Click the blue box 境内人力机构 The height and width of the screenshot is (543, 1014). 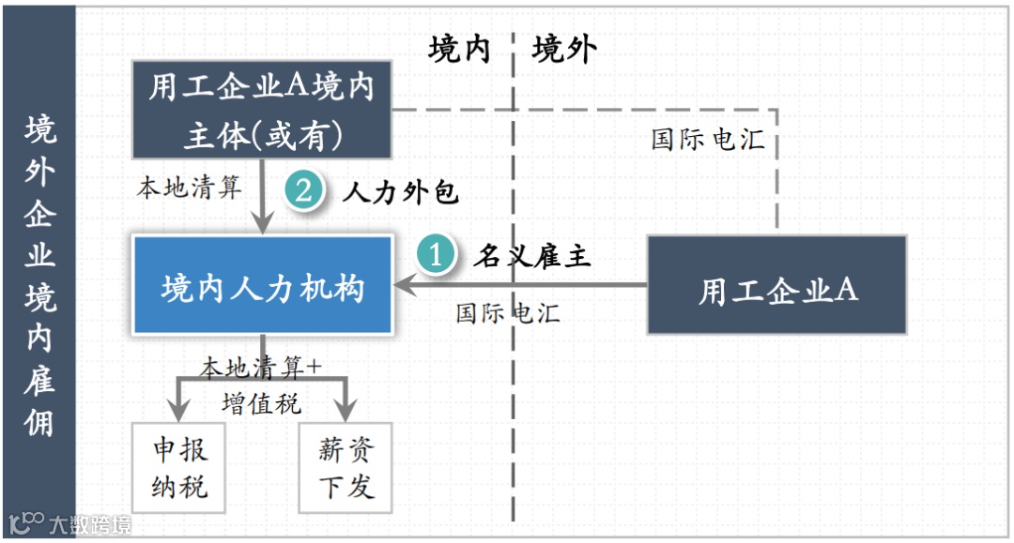coord(262,285)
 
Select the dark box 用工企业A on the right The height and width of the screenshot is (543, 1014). coord(777,286)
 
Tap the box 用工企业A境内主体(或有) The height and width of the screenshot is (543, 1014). coord(262,111)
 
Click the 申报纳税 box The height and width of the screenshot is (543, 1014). coord(178,468)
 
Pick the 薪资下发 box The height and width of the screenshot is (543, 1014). coord(346,468)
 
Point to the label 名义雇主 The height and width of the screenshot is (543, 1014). coord(532,255)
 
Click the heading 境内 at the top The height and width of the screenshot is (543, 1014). coord(459,49)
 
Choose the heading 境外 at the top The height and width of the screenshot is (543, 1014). coord(564,49)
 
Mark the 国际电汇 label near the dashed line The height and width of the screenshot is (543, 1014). coord(708,140)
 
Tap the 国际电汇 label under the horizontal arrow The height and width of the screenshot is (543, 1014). coord(508,312)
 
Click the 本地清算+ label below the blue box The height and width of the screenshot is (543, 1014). coord(261,367)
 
